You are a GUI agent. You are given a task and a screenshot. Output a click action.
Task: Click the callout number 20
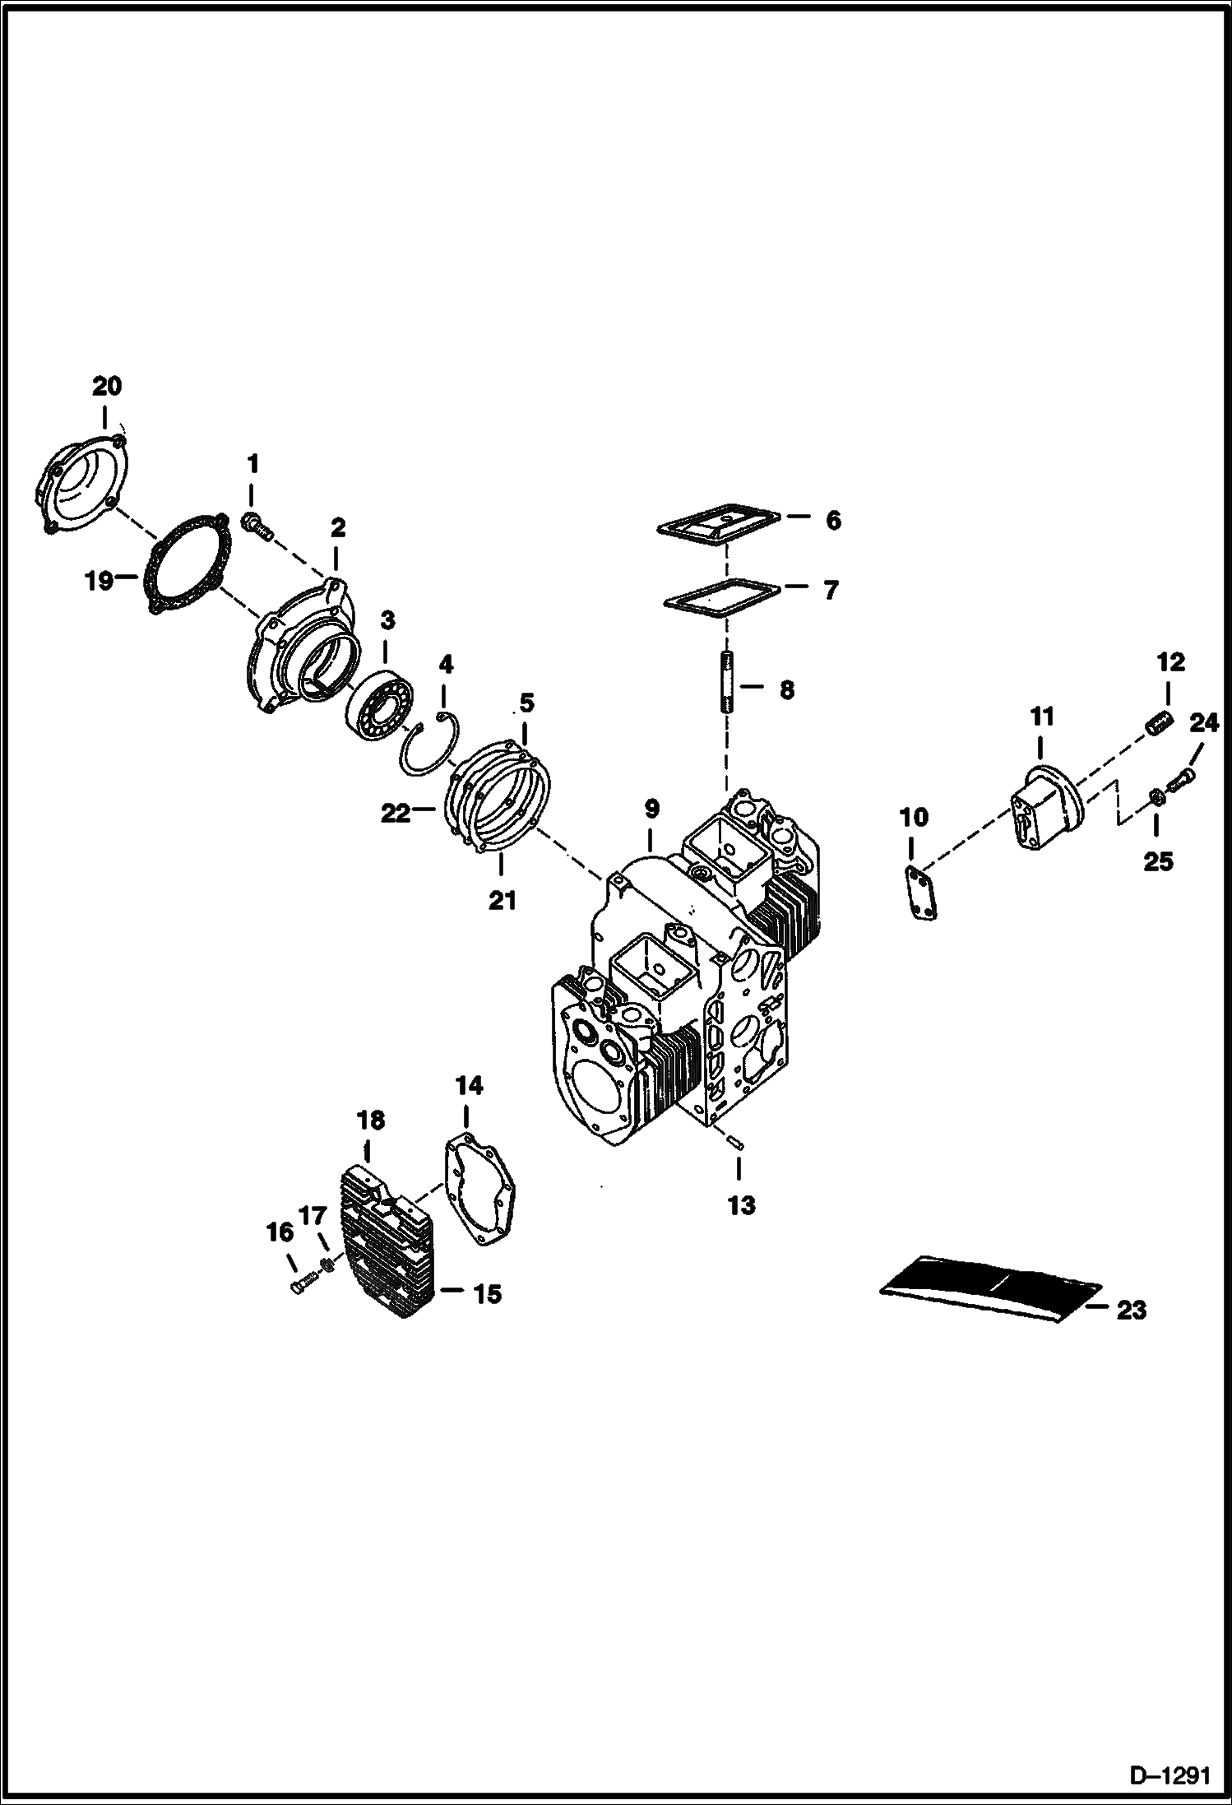pos(106,385)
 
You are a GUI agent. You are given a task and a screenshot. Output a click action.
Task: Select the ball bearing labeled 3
pos(378,697)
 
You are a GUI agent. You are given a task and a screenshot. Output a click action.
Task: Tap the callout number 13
pos(741,1205)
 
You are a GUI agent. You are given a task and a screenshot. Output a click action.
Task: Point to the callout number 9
pos(651,809)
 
